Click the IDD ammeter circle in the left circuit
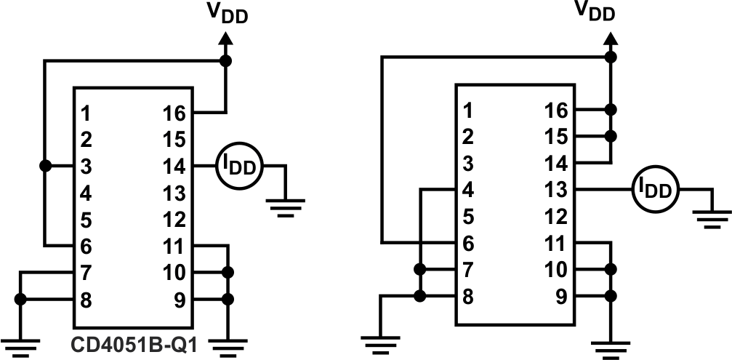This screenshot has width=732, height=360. pos(238,167)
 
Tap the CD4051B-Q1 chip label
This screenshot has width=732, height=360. pos(134,344)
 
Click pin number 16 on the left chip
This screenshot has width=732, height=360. pos(174,113)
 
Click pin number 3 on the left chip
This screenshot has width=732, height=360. pos(86,167)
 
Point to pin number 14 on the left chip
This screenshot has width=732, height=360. pos(174,167)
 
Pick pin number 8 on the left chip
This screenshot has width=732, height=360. pos(86,300)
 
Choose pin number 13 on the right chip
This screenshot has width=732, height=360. pos(556,190)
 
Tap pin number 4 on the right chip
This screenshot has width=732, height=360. pos(467,190)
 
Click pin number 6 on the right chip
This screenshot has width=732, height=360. pos(467,243)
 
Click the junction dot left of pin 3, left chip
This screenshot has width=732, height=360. pos(45,167)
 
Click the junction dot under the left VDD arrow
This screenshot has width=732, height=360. pos(226,61)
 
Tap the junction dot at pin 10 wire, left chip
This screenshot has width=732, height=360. pos(227,273)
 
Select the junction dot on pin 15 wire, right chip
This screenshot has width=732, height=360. pos(611,137)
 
